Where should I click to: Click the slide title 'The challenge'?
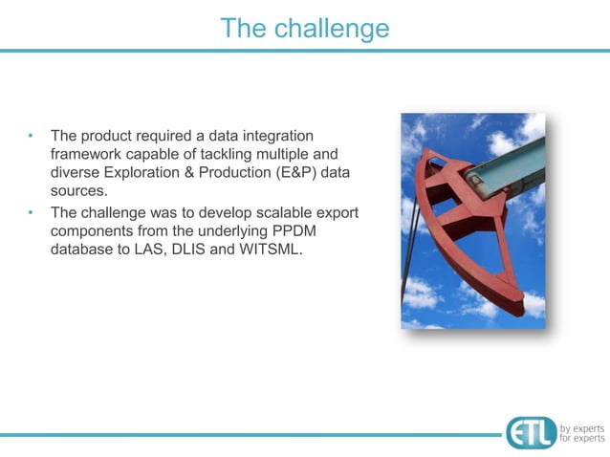tap(304, 29)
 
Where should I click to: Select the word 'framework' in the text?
tap(86, 154)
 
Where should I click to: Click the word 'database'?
tap(84, 250)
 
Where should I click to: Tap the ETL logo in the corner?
tap(531, 432)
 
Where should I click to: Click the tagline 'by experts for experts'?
tap(581, 432)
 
